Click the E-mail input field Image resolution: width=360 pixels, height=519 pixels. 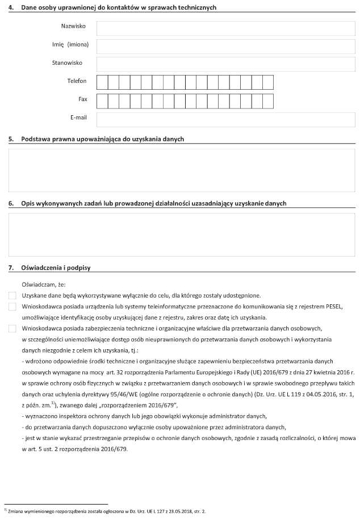click(x=225, y=119)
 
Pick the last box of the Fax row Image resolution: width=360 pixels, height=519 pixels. click(x=267, y=101)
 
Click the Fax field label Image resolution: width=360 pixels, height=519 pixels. click(x=83, y=99)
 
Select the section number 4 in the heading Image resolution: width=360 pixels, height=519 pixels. click(x=11, y=7)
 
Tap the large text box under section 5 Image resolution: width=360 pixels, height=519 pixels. click(x=182, y=170)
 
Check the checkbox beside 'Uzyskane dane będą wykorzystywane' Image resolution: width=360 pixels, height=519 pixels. click(x=12, y=296)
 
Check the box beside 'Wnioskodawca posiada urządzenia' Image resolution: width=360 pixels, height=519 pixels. click(x=12, y=307)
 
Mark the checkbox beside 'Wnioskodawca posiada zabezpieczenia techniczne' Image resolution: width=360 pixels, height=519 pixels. click(x=12, y=328)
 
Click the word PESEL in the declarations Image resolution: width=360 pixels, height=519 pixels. click(x=330, y=307)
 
